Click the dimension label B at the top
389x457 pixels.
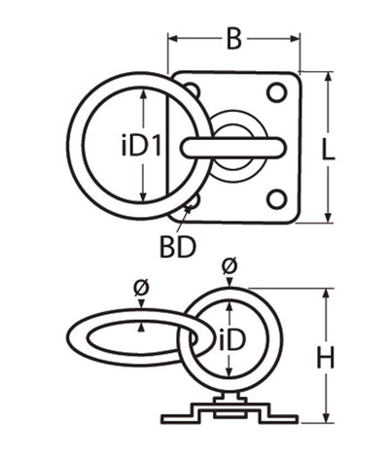pos(233,40)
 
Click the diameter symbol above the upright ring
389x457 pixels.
pos(230,264)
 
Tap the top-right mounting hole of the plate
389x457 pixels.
pos(276,92)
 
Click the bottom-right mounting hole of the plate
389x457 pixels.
pos(276,200)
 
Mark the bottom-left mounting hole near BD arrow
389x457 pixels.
pos(193,200)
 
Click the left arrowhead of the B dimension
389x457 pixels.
pos(173,40)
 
